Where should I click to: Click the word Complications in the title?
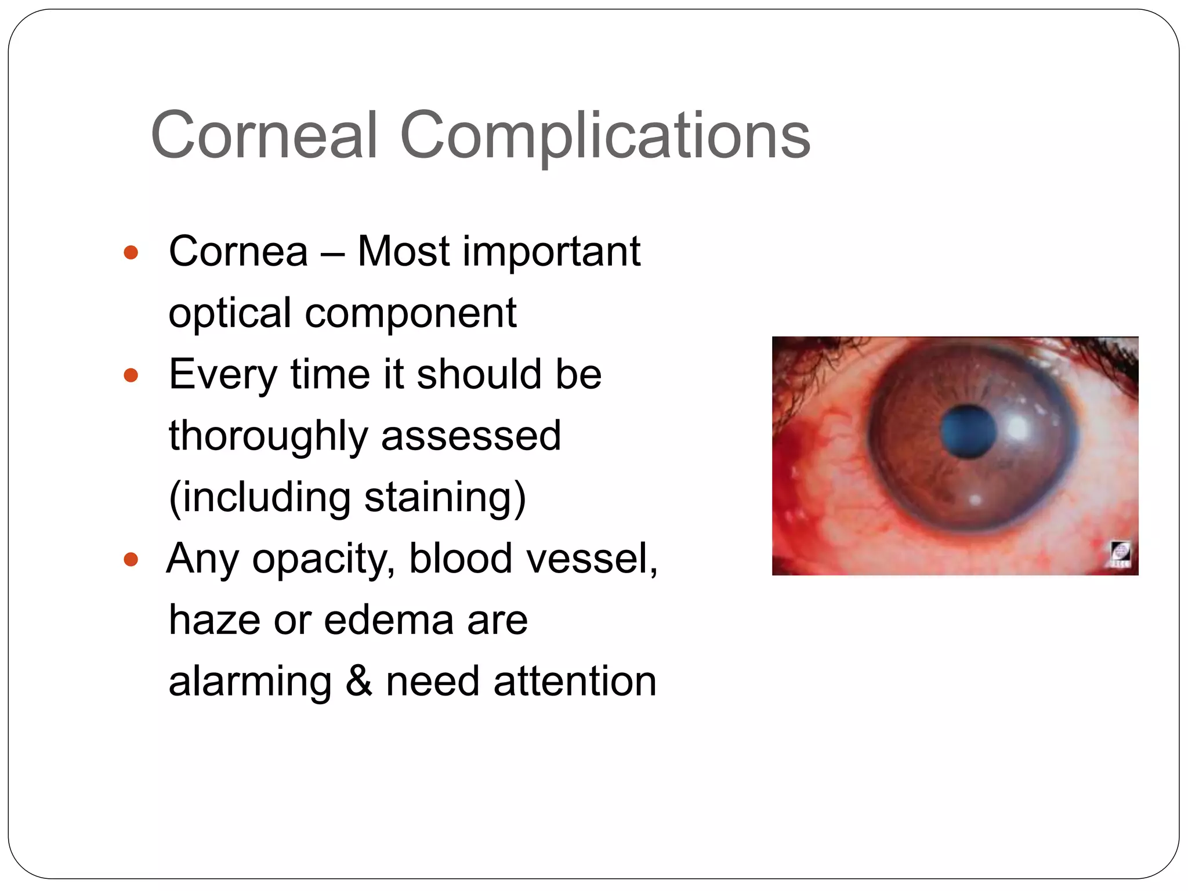[x=605, y=136]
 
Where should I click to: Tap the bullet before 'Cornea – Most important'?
[x=131, y=252]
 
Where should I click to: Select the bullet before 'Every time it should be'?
[x=131, y=375]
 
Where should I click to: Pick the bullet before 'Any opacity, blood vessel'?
[x=131, y=559]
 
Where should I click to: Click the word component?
[x=411, y=314]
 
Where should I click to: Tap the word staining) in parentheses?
[x=445, y=498]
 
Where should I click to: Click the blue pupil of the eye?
[x=967, y=432]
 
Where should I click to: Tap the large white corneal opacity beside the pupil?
[x=1017, y=429]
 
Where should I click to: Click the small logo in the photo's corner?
[x=1120, y=553]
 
